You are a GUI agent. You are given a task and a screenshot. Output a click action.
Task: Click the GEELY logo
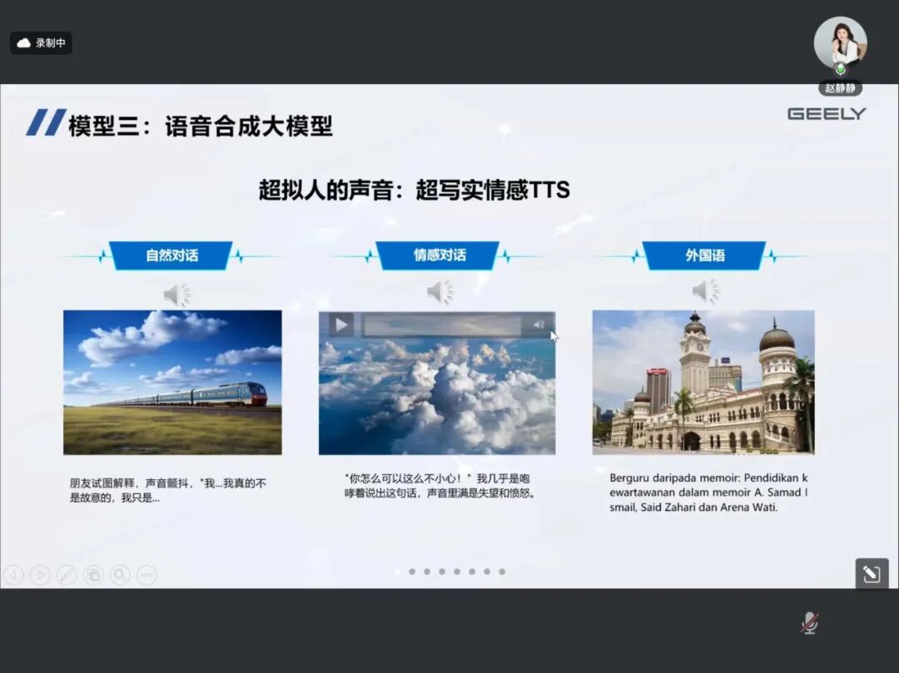[827, 114]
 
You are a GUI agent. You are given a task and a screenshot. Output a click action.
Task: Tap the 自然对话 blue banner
[171, 255]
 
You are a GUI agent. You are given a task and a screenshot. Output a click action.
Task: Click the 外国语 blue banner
[705, 255]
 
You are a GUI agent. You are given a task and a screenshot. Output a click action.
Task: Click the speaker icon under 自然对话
[176, 294]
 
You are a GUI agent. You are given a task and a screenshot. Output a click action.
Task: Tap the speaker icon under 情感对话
[440, 291]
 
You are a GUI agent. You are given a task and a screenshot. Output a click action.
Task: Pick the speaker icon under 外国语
[705, 291]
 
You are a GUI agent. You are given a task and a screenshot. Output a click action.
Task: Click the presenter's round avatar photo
[840, 42]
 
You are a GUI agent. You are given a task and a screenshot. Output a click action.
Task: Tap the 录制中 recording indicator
[42, 43]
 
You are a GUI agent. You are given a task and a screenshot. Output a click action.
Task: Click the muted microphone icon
[809, 622]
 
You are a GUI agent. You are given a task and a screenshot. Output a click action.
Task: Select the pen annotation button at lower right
[872, 574]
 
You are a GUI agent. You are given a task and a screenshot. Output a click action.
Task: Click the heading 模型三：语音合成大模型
[201, 126]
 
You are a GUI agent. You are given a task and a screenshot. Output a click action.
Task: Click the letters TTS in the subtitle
[549, 190]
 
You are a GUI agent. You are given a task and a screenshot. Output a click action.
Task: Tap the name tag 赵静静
[840, 88]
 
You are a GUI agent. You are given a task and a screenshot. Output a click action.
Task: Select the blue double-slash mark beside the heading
[46, 122]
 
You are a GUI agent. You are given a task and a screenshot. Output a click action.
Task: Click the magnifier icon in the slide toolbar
[120, 574]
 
